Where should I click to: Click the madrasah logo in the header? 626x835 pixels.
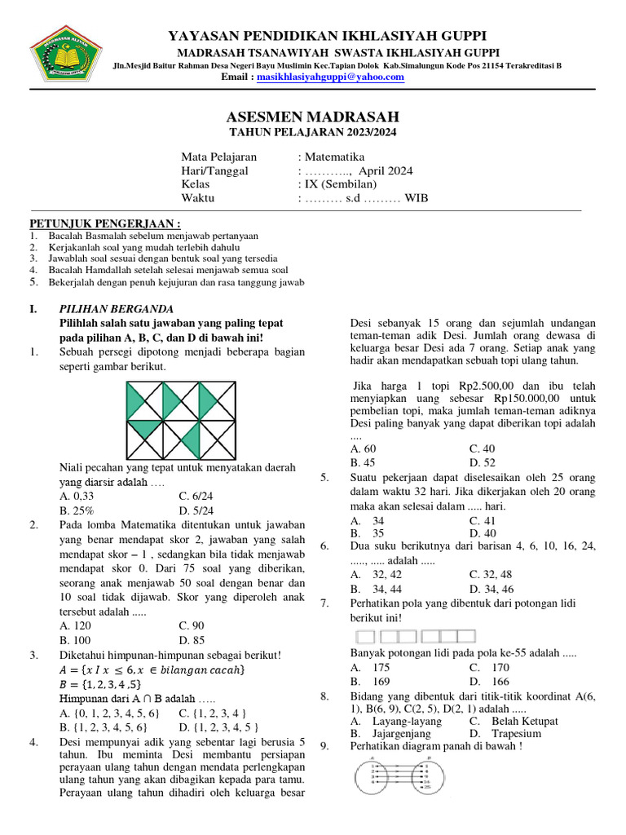[64, 55]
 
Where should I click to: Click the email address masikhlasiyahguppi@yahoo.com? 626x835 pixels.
[330, 77]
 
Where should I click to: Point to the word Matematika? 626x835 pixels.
[335, 157]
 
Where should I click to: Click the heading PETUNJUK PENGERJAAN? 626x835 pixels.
[105, 224]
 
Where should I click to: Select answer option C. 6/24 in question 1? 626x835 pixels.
[196, 495]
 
